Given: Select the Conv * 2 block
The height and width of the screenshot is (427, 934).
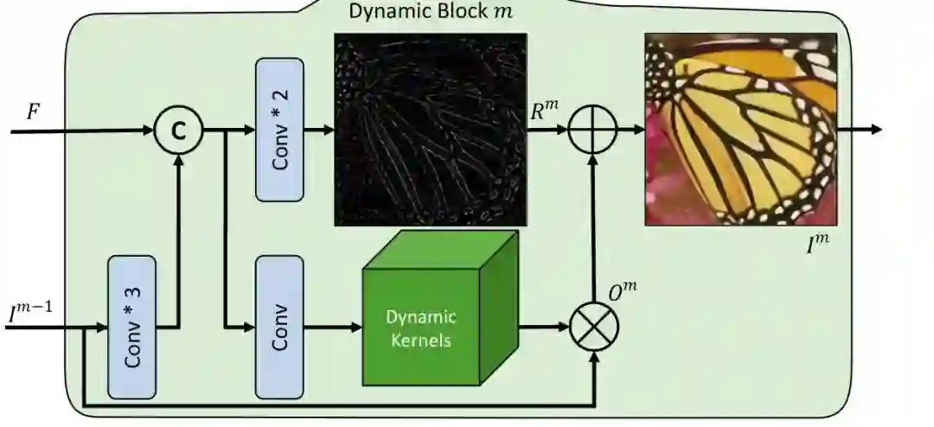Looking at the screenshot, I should (x=279, y=130).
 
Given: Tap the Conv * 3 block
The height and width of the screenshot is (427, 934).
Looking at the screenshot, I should (x=131, y=326).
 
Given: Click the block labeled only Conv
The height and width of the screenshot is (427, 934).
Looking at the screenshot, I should (x=279, y=326).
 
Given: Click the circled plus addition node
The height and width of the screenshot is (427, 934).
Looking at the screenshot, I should (x=592, y=131).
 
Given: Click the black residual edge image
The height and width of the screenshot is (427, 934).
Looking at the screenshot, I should (x=430, y=130).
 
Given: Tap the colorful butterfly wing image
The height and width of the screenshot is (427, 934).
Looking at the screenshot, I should (x=740, y=130).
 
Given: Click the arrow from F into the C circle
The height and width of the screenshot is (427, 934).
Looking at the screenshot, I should (x=86, y=131).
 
